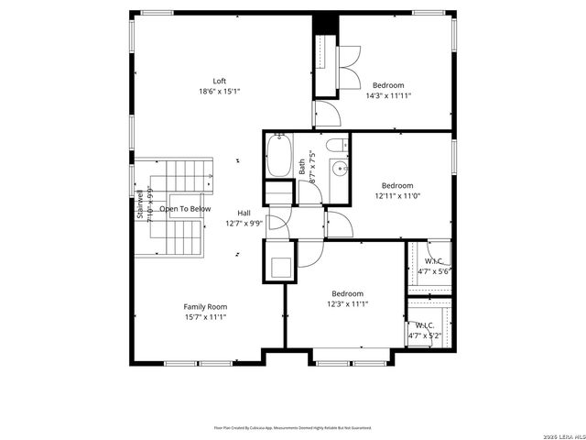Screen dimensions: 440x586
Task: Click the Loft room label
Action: coord(220,81)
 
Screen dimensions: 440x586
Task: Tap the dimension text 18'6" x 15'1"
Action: coord(220,92)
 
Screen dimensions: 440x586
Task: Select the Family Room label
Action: coord(205,307)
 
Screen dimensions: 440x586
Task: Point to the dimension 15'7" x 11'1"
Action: coord(205,317)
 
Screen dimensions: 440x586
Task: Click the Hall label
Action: coord(244,213)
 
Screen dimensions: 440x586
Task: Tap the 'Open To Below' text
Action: coord(185,209)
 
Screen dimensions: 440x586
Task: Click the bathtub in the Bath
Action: coord(278,156)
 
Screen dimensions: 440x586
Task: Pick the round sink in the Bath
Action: coord(338,168)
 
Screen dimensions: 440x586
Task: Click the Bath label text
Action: coord(302,168)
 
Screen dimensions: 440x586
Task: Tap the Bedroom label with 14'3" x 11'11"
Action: coord(387,85)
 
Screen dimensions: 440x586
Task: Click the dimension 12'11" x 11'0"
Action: coord(397,195)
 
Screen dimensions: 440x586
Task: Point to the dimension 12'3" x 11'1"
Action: coord(348,304)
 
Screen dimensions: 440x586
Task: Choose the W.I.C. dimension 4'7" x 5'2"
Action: coord(425,335)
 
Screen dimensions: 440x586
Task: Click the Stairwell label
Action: coord(140,205)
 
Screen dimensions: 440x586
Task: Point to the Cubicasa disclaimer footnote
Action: coord(292,427)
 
